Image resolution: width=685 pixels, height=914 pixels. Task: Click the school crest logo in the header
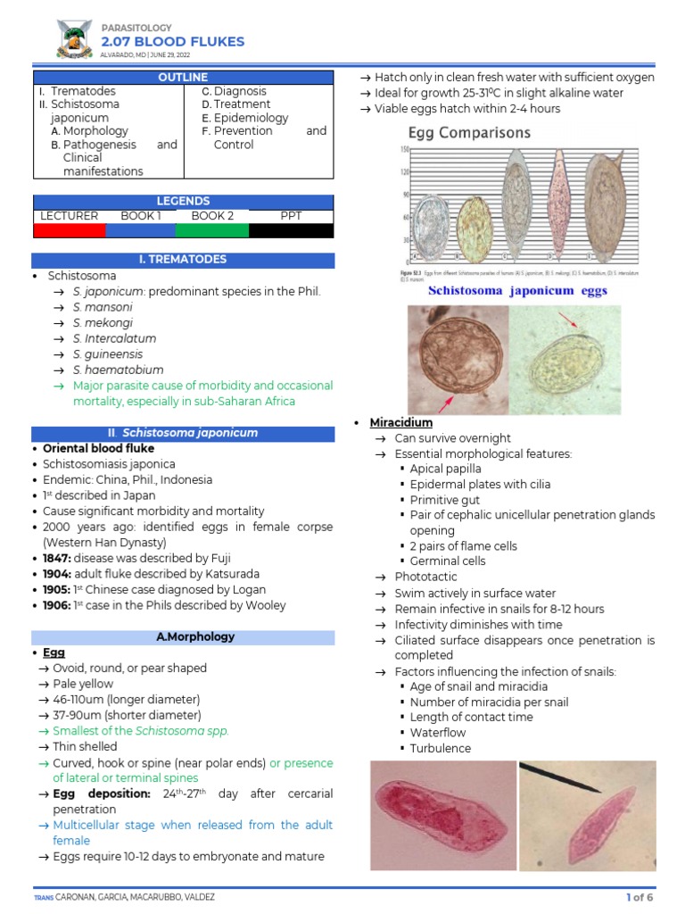point(73,40)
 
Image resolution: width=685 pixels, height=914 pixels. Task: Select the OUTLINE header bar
point(183,78)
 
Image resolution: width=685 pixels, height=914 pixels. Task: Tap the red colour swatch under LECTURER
point(69,230)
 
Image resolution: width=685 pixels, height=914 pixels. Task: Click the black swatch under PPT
point(291,230)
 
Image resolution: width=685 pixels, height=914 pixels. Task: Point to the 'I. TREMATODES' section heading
point(183,260)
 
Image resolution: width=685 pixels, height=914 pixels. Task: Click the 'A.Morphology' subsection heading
point(183,637)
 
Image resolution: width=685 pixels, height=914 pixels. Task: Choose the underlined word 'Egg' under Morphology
point(54,652)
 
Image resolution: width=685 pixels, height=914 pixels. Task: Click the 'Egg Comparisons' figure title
point(463,133)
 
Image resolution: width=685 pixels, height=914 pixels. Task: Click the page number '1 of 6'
point(640,897)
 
